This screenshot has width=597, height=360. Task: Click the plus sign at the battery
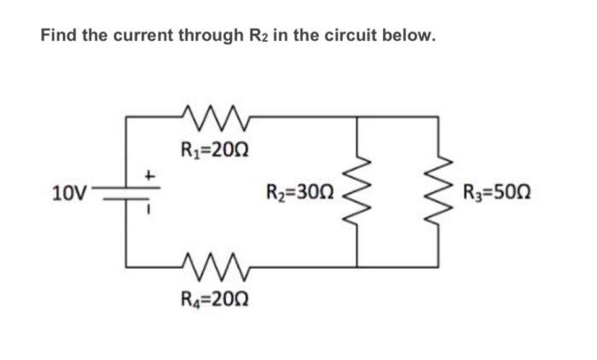click(148, 175)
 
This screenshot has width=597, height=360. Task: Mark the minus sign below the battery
click(148, 211)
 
